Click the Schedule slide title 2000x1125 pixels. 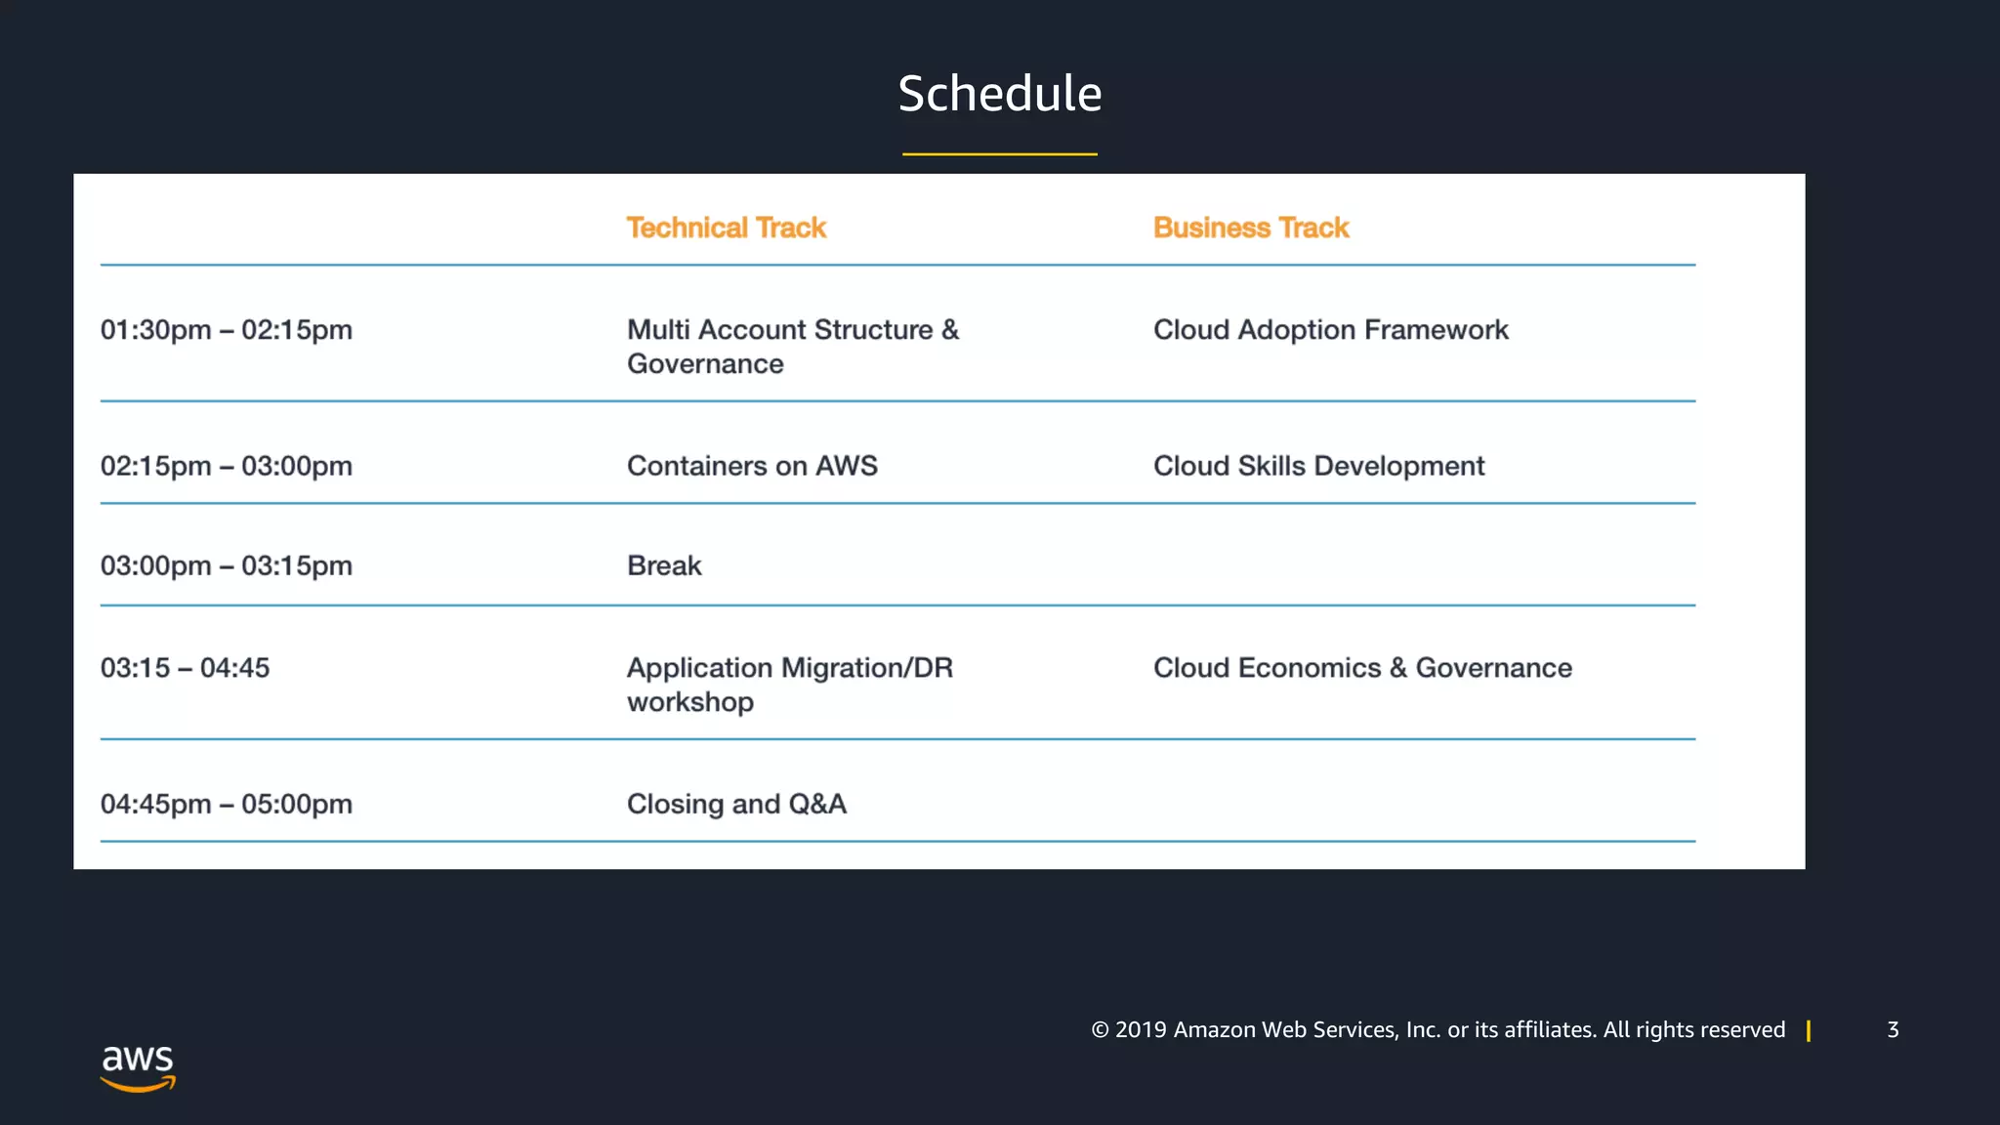pyautogui.click(x=999, y=94)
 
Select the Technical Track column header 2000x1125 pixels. pyautogui.click(x=726, y=228)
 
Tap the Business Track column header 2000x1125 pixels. pyautogui.click(x=1250, y=228)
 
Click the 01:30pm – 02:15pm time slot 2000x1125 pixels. pyautogui.click(x=226, y=330)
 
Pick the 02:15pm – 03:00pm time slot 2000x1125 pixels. pyautogui.click(x=226, y=466)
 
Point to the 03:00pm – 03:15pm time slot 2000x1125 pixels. pyautogui.click(x=226, y=565)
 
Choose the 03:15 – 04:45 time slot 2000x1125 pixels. pyautogui.click(x=185, y=668)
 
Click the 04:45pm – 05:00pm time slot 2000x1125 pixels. pyautogui.click(x=226, y=804)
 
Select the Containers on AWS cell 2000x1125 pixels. pyautogui.click(x=752, y=466)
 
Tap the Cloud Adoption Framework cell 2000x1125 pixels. pyautogui.click(x=1330, y=330)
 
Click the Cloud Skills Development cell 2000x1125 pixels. pyautogui.click(x=1318, y=466)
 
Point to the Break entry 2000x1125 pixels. pyautogui.click(x=664, y=565)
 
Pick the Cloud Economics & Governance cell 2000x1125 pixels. pyautogui.click(x=1362, y=668)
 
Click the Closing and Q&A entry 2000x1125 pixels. pyautogui.click(x=736, y=804)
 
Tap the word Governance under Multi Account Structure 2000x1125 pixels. pyautogui.click(x=705, y=364)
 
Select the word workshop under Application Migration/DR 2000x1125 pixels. pyautogui.click(x=689, y=702)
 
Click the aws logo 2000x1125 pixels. pyautogui.click(x=138, y=1067)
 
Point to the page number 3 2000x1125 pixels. pyautogui.click(x=1893, y=1029)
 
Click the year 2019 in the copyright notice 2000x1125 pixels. pyautogui.click(x=1141, y=1029)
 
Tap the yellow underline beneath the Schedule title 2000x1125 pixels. pyautogui.click(x=999, y=154)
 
